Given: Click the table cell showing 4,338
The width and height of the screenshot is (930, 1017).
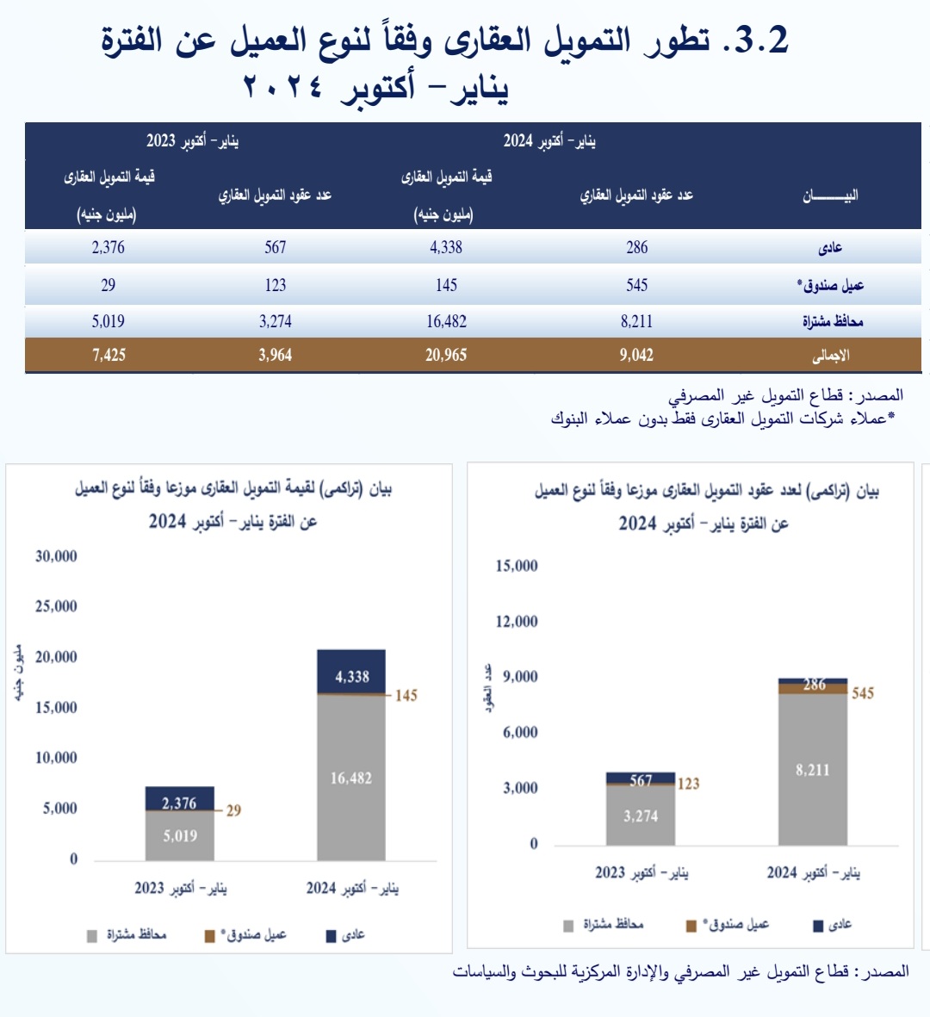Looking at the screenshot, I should [446, 248].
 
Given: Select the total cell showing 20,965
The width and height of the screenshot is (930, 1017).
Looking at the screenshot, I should [446, 355].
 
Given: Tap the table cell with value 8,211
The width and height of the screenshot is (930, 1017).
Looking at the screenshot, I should [636, 322].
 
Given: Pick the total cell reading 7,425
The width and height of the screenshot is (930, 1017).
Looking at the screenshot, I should [108, 355].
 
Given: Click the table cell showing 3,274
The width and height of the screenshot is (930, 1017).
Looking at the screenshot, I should [276, 322].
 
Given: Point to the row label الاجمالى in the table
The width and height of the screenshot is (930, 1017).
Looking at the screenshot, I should [831, 355].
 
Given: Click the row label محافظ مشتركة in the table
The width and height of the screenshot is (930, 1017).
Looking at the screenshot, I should [833, 322].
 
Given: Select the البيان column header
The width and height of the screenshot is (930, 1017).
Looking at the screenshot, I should [830, 196].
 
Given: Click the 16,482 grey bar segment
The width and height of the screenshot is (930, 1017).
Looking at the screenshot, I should [351, 778].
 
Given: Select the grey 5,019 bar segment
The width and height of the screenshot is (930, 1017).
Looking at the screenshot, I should [179, 836].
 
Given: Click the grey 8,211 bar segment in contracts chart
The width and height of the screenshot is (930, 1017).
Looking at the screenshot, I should [813, 770].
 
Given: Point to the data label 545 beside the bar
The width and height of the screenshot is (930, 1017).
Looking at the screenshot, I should [863, 693].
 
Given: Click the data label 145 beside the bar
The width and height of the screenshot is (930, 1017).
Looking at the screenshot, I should [406, 696].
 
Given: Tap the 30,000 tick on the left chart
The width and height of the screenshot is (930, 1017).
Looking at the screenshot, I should [56, 556].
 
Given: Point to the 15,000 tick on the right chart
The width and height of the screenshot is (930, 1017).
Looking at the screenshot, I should [517, 566].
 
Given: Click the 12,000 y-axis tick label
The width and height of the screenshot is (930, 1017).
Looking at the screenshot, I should [517, 622].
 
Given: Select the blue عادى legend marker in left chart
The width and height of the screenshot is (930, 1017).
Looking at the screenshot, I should [331, 936].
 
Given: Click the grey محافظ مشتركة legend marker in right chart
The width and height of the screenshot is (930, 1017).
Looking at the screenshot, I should [568, 926].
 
